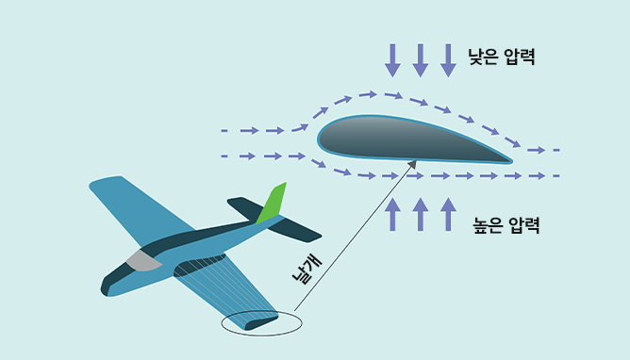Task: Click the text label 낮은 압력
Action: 502,57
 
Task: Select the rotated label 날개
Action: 304,269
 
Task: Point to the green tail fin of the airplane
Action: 273,204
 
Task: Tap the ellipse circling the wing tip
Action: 262,323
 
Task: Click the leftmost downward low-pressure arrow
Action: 392,58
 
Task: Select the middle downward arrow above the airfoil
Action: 421,58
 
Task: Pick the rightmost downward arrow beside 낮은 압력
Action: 448,58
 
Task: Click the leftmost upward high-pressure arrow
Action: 392,214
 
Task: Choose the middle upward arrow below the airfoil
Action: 421,214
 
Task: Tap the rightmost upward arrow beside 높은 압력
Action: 448,214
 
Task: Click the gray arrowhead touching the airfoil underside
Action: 411,167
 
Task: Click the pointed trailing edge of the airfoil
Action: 509,160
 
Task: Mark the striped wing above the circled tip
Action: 222,283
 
